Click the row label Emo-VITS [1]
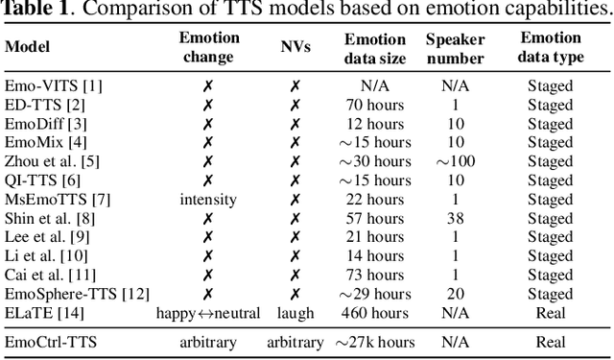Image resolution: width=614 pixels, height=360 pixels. click(x=53, y=85)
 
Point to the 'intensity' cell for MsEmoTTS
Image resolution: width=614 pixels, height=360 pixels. click(x=207, y=199)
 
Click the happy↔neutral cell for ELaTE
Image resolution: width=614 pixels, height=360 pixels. click(x=207, y=312)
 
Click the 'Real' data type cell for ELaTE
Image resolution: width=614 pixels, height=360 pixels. click(x=550, y=312)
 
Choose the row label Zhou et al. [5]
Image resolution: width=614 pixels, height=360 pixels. click(x=52, y=161)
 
